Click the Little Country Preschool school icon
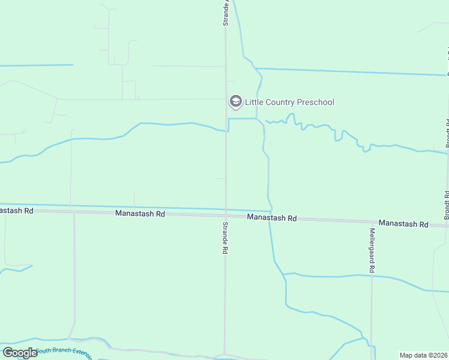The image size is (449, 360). click(x=236, y=102)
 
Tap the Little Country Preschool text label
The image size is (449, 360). click(x=289, y=103)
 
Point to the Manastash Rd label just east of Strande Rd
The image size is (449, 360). click(x=272, y=218)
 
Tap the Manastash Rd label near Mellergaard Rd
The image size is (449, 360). click(x=403, y=224)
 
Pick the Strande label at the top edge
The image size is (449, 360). click(x=226, y=12)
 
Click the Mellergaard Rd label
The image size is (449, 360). click(x=372, y=251)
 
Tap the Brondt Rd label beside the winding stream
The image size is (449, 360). click(x=447, y=133)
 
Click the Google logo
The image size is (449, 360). click(x=20, y=353)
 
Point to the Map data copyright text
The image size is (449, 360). click(x=424, y=355)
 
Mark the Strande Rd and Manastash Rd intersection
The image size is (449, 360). click(x=226, y=215)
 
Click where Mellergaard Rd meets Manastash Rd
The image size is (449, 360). click(x=372, y=221)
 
